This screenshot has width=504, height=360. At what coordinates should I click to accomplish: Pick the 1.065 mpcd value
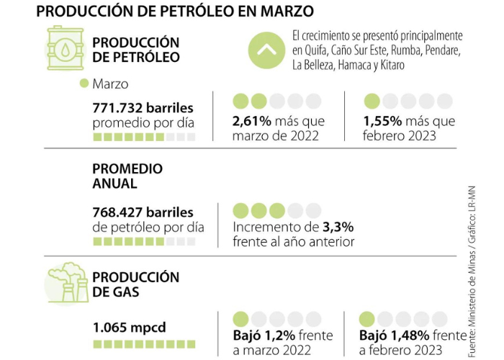click(x=130, y=328)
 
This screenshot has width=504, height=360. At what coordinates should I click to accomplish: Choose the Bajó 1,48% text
click(x=395, y=335)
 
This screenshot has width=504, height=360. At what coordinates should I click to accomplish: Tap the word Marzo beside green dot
click(x=110, y=84)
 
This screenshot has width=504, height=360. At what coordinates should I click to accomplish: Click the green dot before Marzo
click(x=85, y=84)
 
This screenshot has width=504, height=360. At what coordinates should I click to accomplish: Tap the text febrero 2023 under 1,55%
click(x=399, y=135)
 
